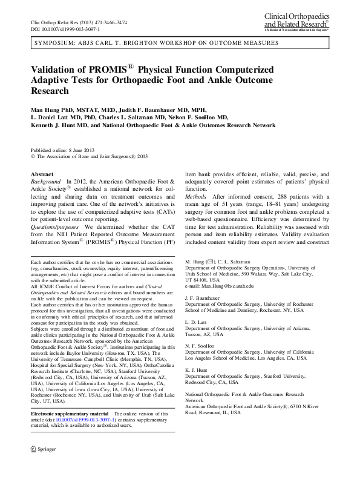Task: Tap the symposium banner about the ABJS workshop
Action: pos(157,44)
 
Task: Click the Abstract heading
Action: pos(42,174)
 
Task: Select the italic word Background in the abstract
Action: pos(46,182)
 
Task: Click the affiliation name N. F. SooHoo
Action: pos(201,349)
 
